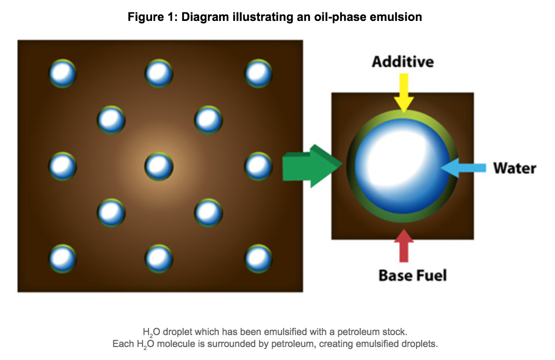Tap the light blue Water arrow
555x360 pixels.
(x=463, y=168)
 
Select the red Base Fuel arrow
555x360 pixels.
(x=404, y=245)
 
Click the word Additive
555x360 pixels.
(x=403, y=62)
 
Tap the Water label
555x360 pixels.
(x=515, y=168)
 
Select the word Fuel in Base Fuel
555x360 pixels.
(x=429, y=275)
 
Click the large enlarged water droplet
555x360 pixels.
(x=403, y=166)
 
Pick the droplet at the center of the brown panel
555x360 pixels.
(x=159, y=166)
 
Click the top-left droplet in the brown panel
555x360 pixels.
(x=63, y=73)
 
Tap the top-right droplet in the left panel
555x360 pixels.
(x=259, y=73)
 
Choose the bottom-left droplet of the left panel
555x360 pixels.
(x=63, y=259)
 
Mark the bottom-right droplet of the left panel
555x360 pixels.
(x=259, y=259)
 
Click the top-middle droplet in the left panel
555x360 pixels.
(x=159, y=73)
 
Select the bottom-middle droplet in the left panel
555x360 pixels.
(x=159, y=259)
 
